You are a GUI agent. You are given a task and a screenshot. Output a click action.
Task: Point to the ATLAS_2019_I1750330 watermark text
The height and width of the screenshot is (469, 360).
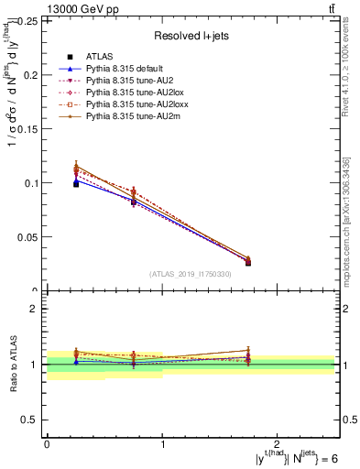[x=191, y=274]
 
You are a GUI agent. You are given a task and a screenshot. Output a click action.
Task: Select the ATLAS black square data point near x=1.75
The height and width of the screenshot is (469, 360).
[x=248, y=263]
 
